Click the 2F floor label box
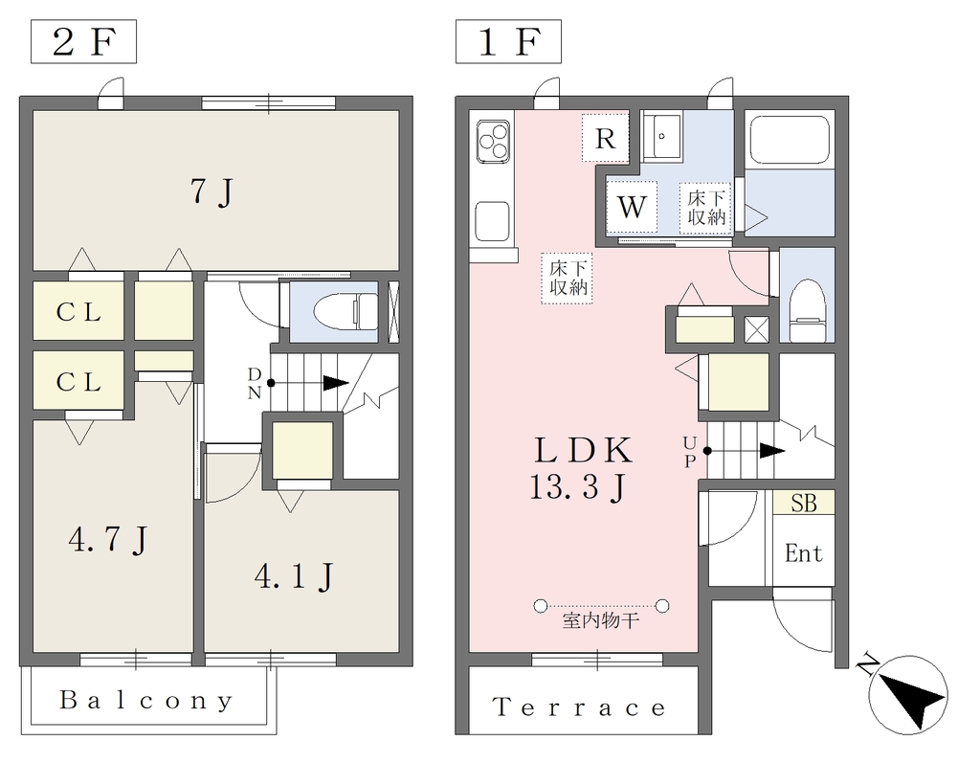click(84, 41)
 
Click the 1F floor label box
click(508, 41)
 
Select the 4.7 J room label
click(108, 540)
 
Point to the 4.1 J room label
click(294, 576)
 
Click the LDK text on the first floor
click(583, 450)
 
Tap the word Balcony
click(146, 701)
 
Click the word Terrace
click(579, 707)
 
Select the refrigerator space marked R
click(605, 138)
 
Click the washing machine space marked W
click(632, 206)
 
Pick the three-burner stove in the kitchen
click(494, 142)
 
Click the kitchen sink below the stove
click(493, 221)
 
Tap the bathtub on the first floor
click(790, 139)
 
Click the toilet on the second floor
click(340, 312)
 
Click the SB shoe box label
click(804, 503)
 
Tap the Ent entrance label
click(803, 552)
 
